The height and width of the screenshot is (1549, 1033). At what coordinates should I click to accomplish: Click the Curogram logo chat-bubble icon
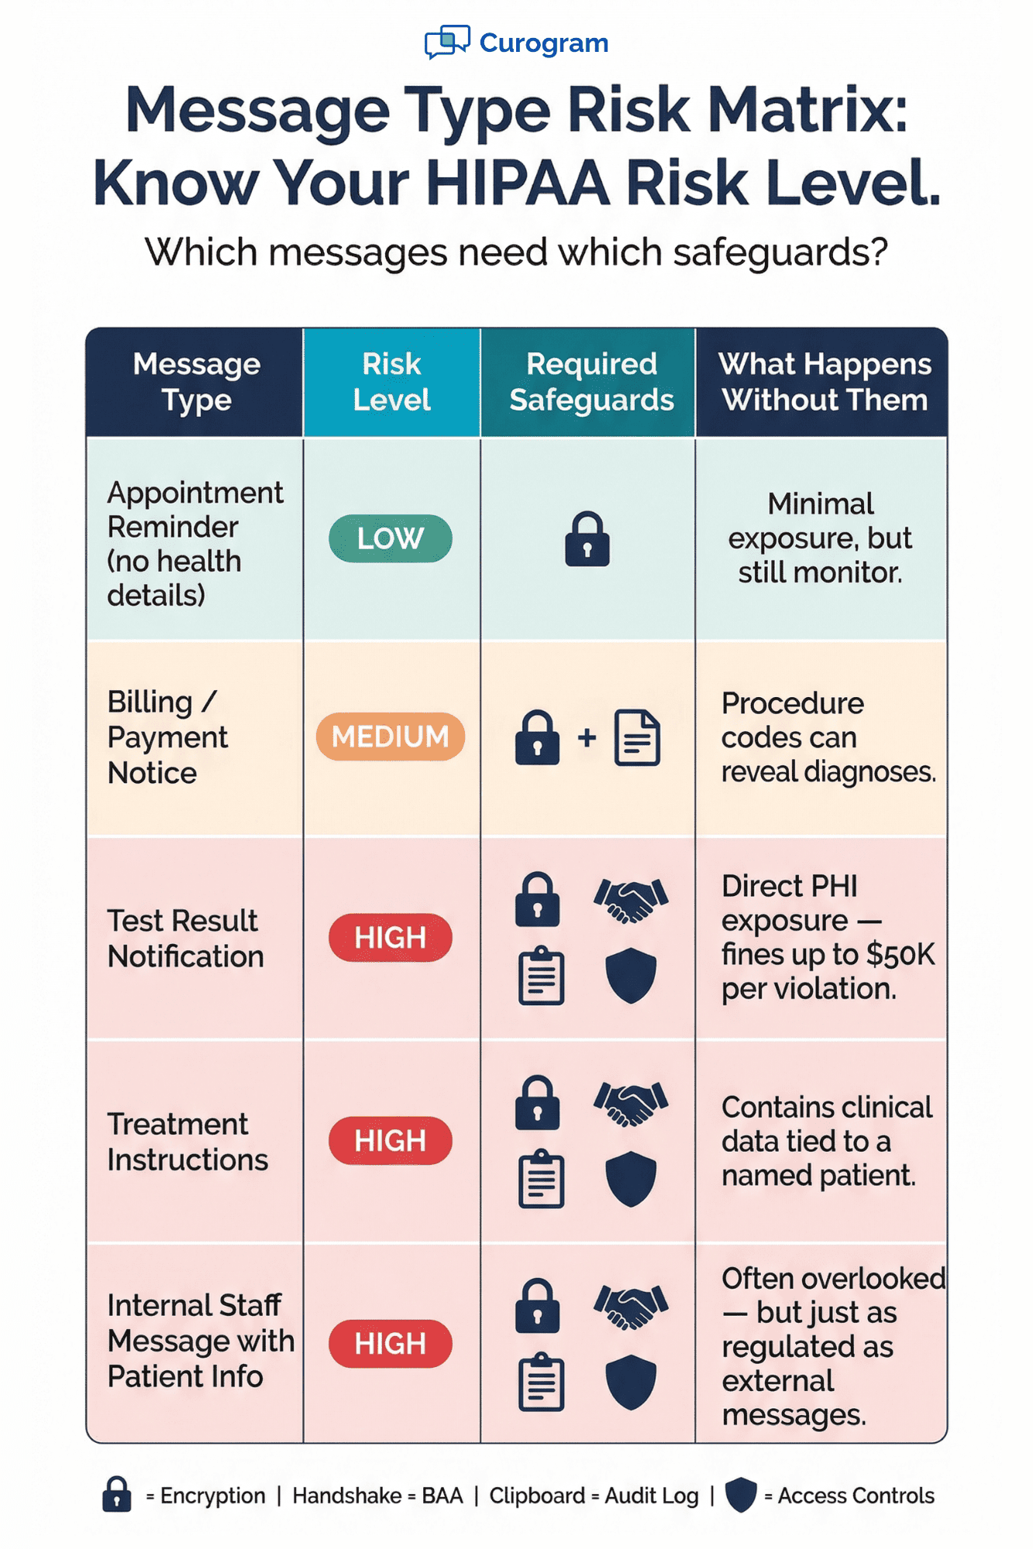446,42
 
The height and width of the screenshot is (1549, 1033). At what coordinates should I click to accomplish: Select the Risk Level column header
391,382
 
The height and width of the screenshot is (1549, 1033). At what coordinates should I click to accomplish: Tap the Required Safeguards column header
591,382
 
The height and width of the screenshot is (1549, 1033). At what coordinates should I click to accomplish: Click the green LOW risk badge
390,538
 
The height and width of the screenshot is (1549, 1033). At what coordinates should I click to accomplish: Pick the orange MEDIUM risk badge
390,737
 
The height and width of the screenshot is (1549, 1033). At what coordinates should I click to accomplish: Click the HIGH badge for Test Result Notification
390,938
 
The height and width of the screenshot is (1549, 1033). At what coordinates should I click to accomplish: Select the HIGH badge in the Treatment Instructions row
390,1141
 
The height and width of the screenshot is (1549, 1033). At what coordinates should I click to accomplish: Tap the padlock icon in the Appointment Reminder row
587,539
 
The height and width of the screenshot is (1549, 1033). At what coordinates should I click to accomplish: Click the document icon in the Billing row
637,738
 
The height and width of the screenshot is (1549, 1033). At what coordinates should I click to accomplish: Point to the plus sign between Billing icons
587,737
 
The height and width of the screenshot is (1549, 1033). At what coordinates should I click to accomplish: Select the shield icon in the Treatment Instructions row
630,1179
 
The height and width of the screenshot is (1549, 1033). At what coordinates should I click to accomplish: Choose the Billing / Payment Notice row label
167,737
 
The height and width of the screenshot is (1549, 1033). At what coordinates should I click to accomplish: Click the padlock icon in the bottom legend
116,1494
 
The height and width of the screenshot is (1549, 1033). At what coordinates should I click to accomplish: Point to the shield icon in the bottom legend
740,1494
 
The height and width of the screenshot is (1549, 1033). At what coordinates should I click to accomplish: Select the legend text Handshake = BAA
377,1496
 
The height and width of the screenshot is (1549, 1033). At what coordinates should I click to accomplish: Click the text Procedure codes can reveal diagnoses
827,737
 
